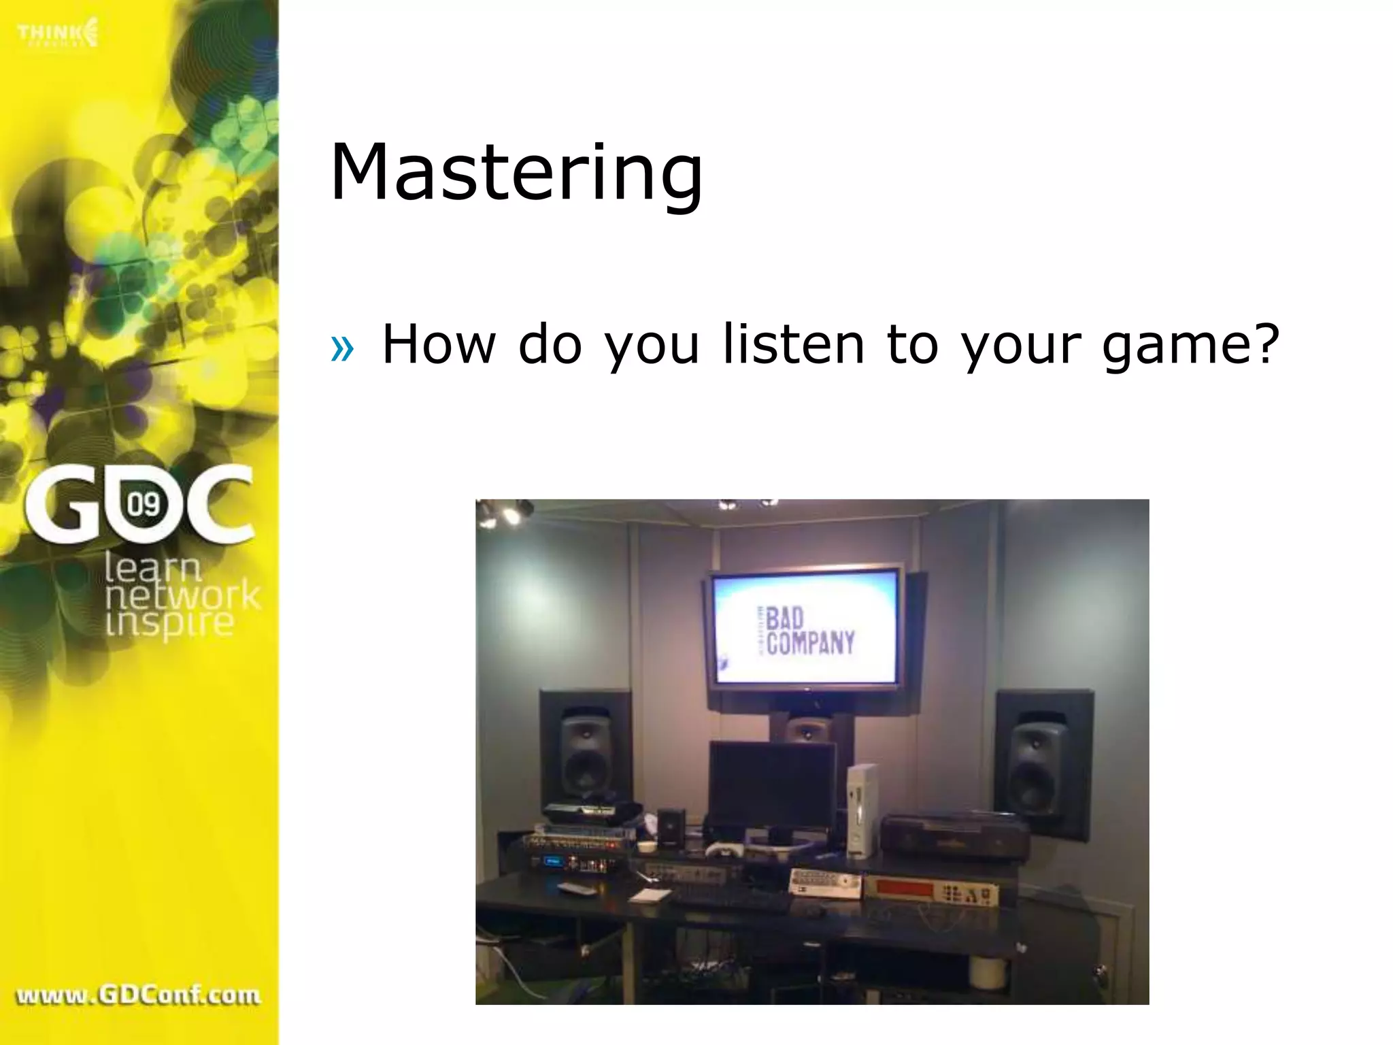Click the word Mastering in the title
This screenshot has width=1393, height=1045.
(516, 173)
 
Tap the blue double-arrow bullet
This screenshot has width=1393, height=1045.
(342, 349)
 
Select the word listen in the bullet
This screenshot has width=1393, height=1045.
(793, 344)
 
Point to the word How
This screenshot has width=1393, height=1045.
(439, 344)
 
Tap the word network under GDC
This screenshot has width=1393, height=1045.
(182, 596)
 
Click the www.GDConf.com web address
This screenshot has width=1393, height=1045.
(138, 995)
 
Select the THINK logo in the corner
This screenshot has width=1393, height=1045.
(58, 33)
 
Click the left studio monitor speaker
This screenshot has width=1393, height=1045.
(587, 754)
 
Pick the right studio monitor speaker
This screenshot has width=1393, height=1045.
(1038, 763)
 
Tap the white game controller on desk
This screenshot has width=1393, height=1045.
(722, 850)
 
